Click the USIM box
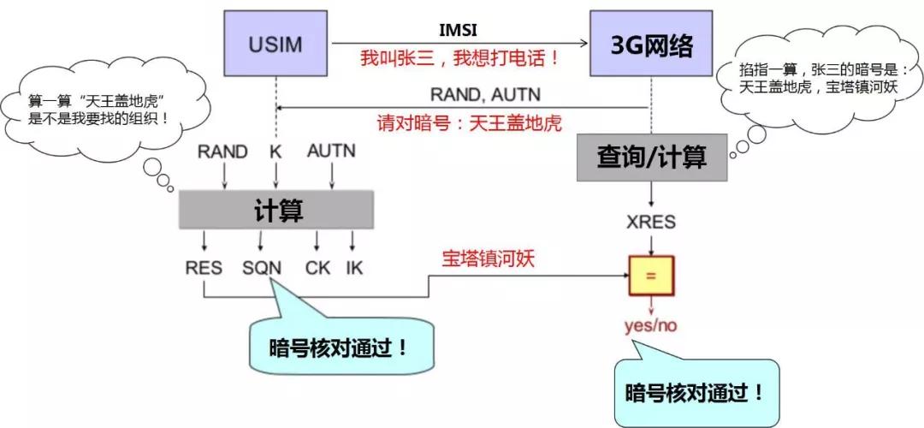click(275, 43)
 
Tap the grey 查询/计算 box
click(651, 157)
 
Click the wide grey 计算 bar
click(276, 210)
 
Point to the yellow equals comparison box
click(651, 276)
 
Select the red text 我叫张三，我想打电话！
click(460, 59)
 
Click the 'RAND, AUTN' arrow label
click(484, 94)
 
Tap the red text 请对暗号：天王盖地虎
click(469, 122)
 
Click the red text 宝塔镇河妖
click(488, 258)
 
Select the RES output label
click(204, 268)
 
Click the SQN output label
click(261, 268)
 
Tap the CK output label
click(317, 268)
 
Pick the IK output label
click(353, 268)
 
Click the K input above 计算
click(275, 152)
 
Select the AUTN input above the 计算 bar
click(331, 152)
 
